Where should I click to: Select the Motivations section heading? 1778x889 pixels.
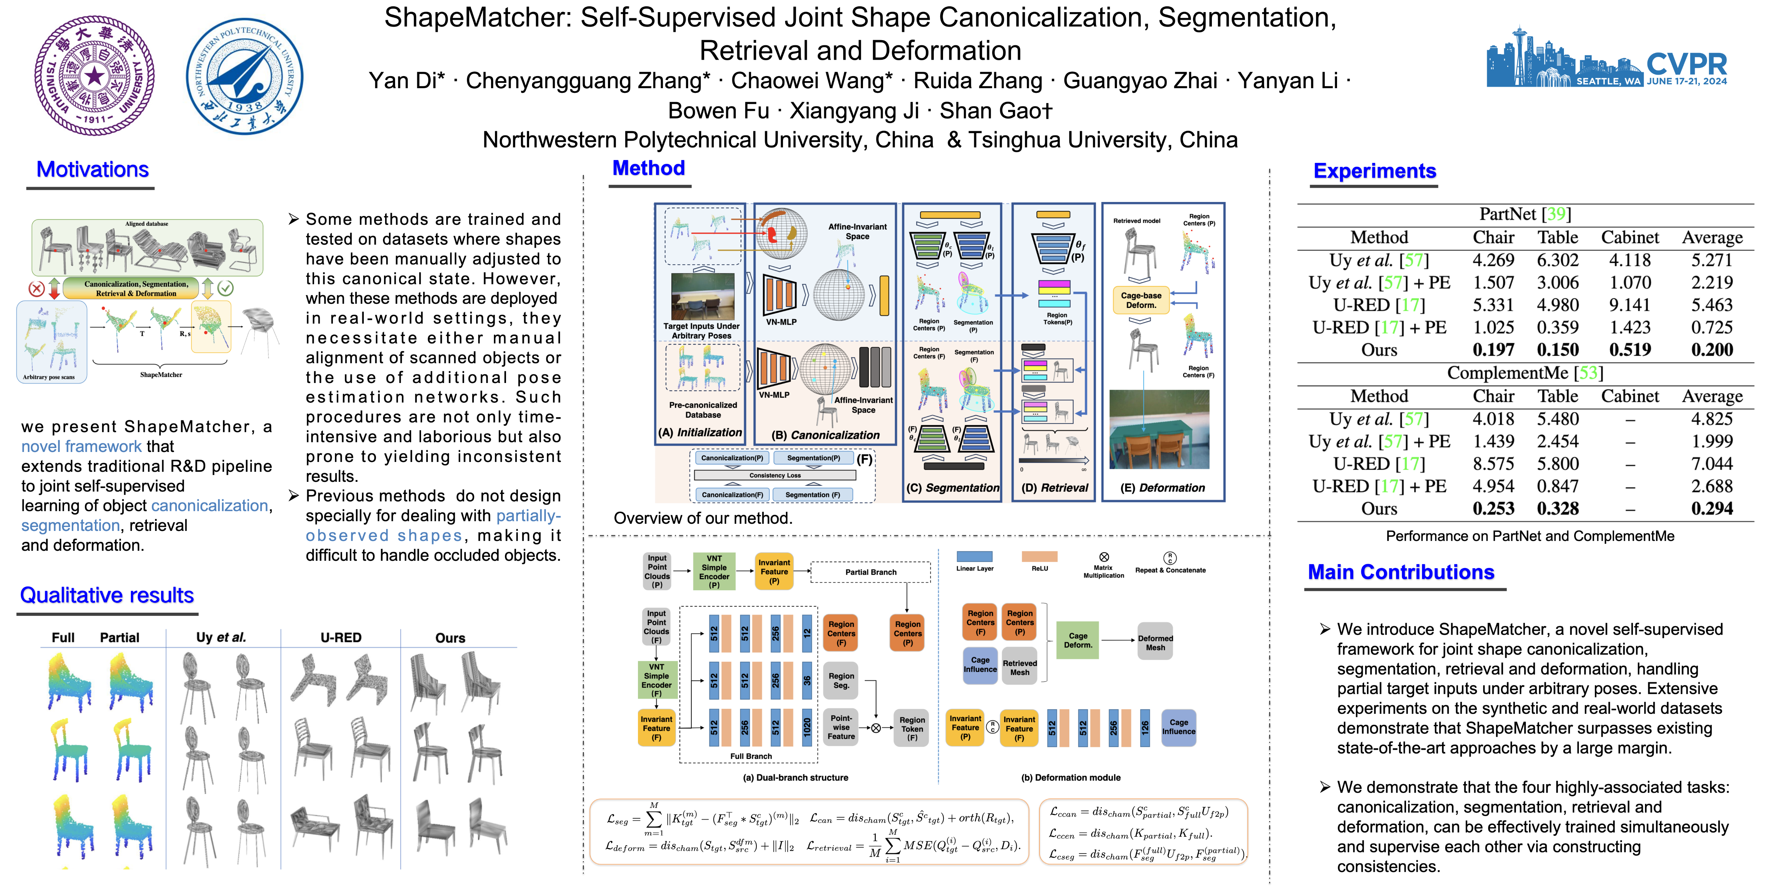coord(92,170)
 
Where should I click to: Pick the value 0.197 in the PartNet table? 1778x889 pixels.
coord(1493,350)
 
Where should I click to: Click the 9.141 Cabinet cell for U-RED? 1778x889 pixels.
coord(1630,305)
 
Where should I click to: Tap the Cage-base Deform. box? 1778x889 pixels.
coord(1141,300)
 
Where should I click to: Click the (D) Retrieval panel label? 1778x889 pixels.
coord(1055,488)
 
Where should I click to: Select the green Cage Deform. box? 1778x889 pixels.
coord(1077,640)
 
